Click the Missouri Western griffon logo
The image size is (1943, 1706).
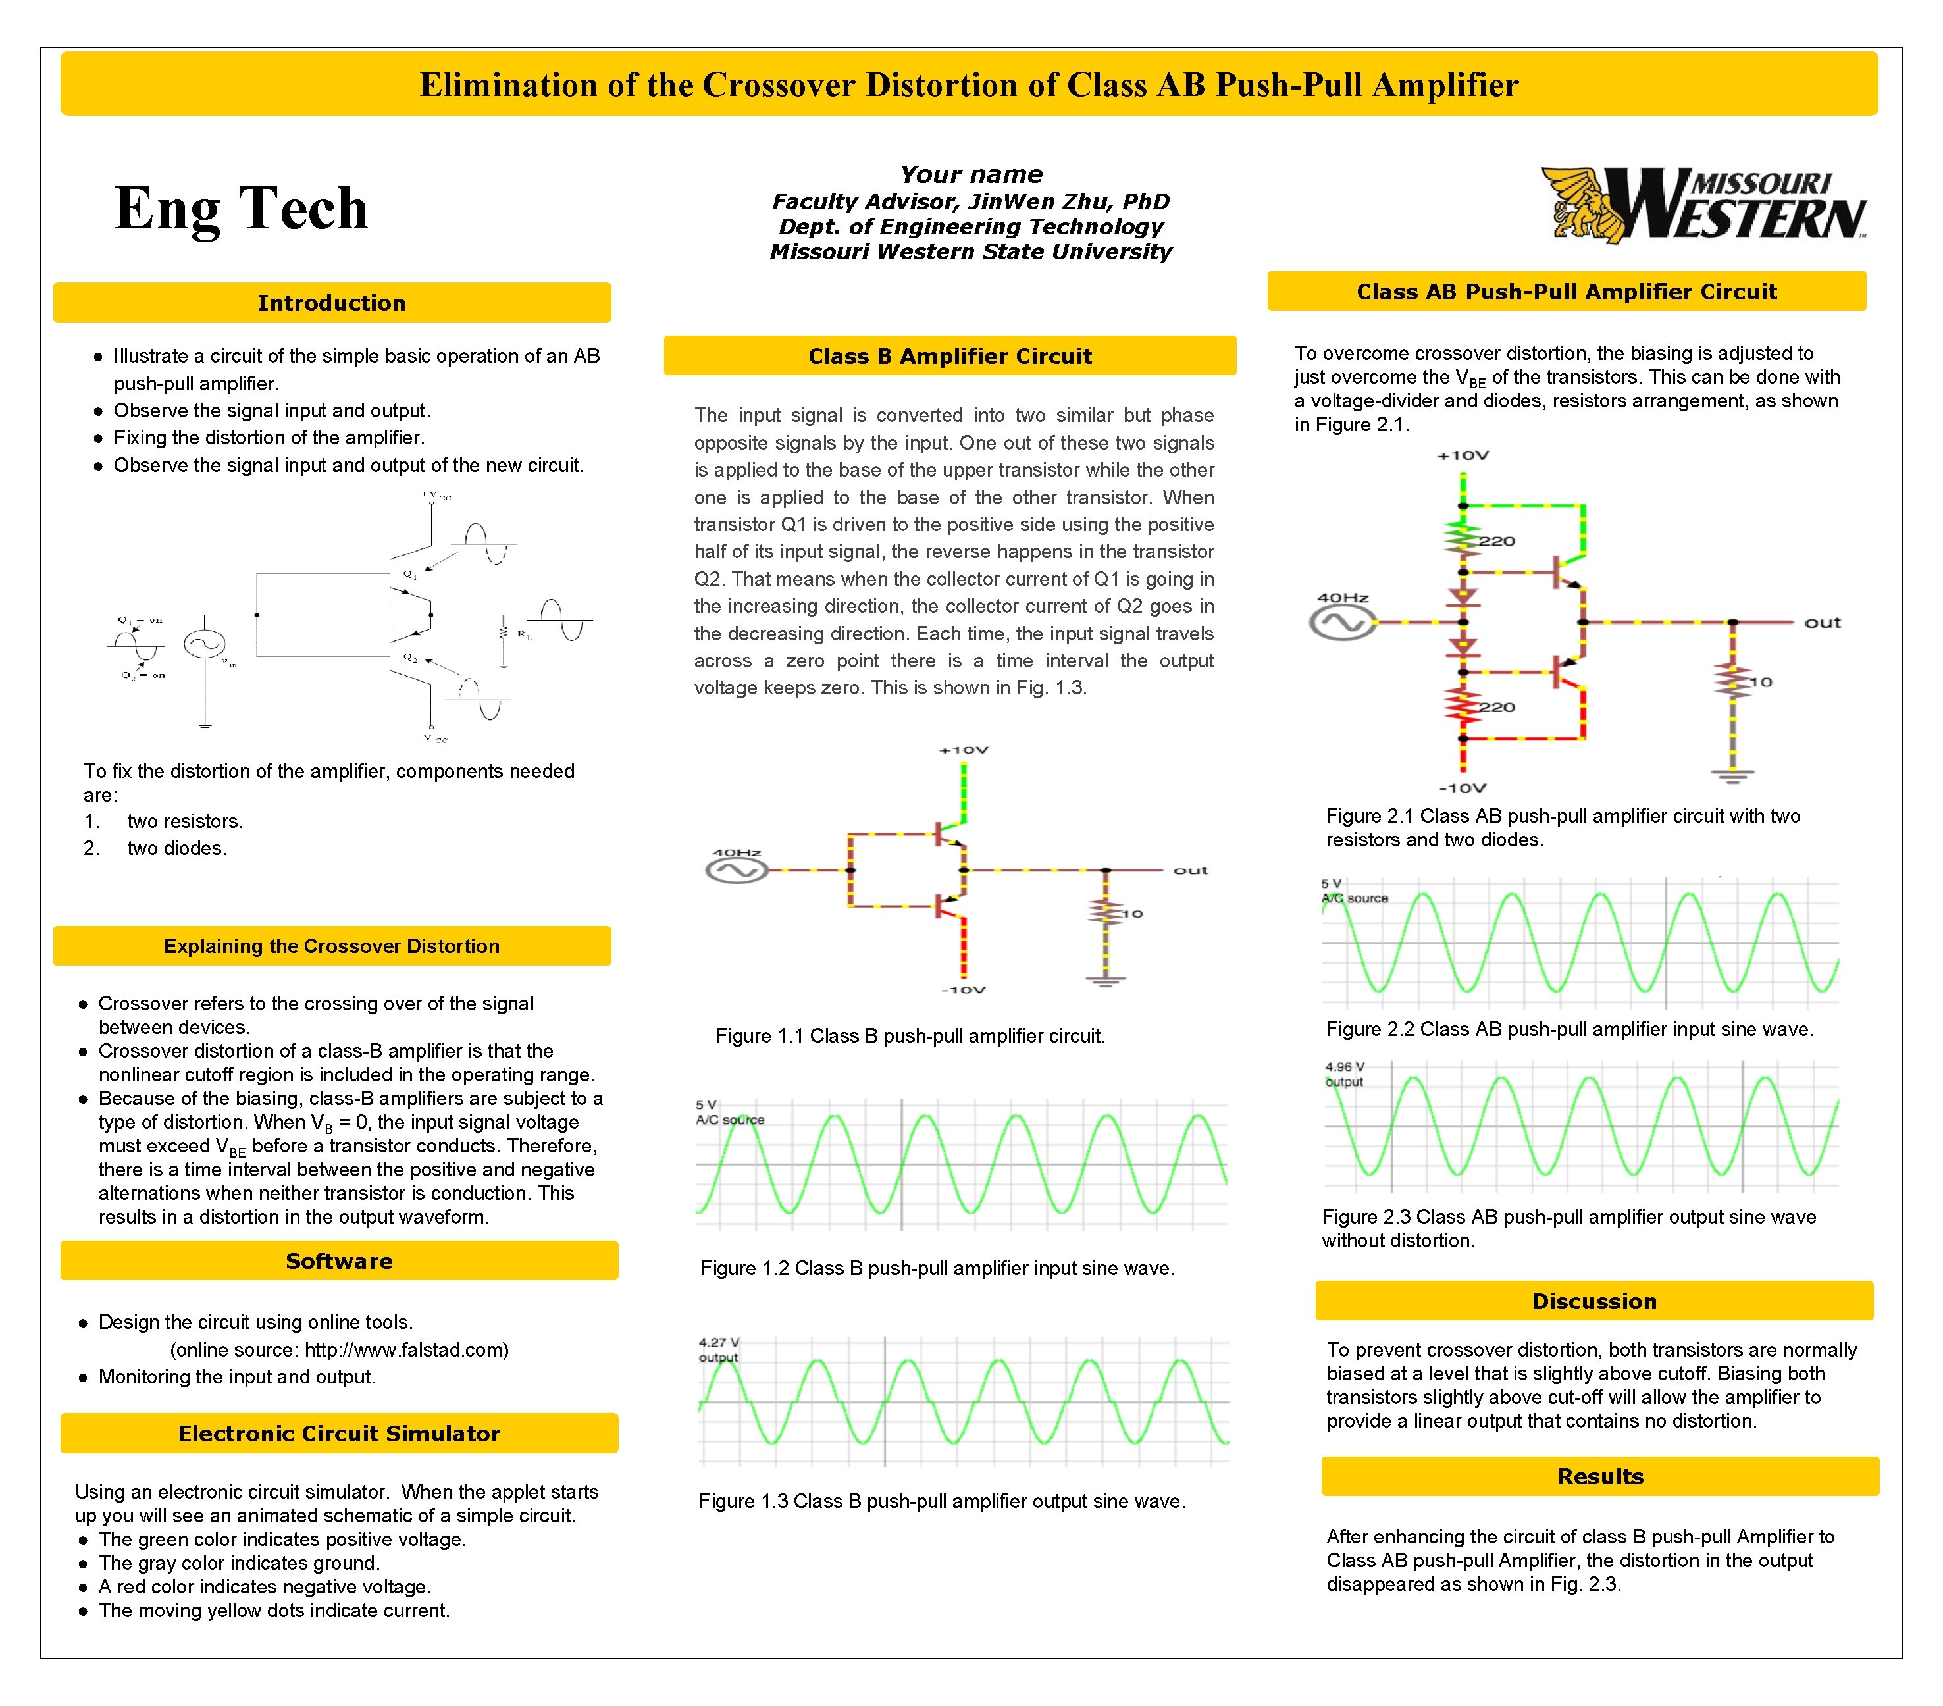pos(1703,205)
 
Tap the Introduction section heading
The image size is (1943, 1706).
pos(331,303)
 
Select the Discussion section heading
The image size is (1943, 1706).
pos(1593,1301)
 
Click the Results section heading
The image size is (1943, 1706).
pos(1600,1476)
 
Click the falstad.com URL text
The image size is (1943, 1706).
pos(406,1349)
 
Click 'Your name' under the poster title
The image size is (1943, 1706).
pos(971,175)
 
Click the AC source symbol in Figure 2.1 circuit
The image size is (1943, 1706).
pos(1342,623)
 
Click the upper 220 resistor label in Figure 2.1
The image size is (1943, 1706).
pos(1496,542)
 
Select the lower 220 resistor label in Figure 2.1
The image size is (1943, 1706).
pos(1496,707)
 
